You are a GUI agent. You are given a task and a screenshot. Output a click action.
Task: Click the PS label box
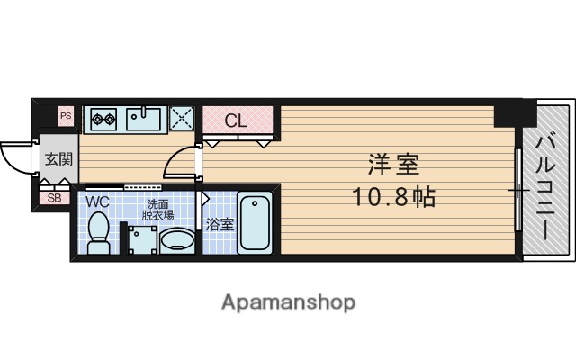(65, 115)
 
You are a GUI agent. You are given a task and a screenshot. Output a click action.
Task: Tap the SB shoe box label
(53, 198)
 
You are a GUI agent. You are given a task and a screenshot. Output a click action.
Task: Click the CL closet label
(237, 121)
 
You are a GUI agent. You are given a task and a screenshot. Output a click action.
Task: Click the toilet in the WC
(99, 232)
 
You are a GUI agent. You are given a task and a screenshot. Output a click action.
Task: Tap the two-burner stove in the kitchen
(102, 118)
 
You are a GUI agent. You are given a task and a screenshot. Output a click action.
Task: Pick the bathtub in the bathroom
(256, 222)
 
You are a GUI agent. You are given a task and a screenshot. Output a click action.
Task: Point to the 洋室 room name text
(393, 166)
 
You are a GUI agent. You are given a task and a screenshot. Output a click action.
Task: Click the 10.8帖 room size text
(393, 195)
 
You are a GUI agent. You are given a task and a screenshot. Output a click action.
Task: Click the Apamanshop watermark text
(287, 301)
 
